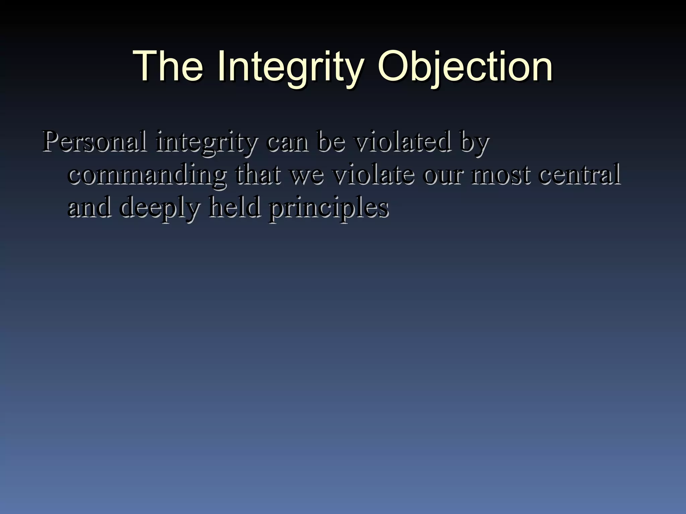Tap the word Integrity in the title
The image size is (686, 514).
[x=290, y=67]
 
